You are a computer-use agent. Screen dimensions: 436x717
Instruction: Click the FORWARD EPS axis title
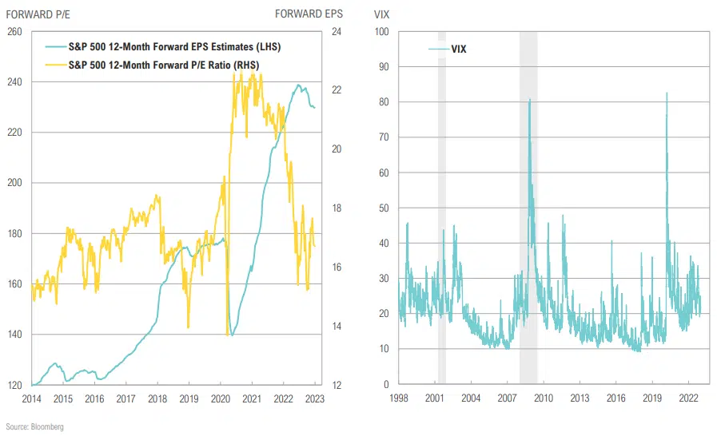point(310,14)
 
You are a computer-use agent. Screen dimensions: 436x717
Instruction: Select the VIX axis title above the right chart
point(383,14)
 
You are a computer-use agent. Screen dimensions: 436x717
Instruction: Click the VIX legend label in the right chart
point(458,50)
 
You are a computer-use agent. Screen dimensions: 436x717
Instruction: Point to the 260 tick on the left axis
point(14,31)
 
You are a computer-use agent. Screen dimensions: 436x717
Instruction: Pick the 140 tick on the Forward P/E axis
point(14,335)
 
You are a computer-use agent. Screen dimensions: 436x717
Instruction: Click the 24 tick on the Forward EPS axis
point(337,31)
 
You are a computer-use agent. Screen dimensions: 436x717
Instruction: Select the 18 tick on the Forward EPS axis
point(337,208)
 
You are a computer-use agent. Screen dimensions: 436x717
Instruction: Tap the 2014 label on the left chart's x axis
point(31,398)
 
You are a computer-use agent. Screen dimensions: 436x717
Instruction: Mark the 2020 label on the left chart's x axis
point(221,398)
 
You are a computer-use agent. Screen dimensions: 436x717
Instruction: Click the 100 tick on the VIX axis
point(381,31)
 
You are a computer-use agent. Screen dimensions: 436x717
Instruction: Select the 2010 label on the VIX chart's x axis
point(544,398)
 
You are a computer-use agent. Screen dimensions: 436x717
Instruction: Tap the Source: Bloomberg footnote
point(34,427)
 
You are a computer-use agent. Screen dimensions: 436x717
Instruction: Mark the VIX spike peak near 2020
point(667,93)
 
